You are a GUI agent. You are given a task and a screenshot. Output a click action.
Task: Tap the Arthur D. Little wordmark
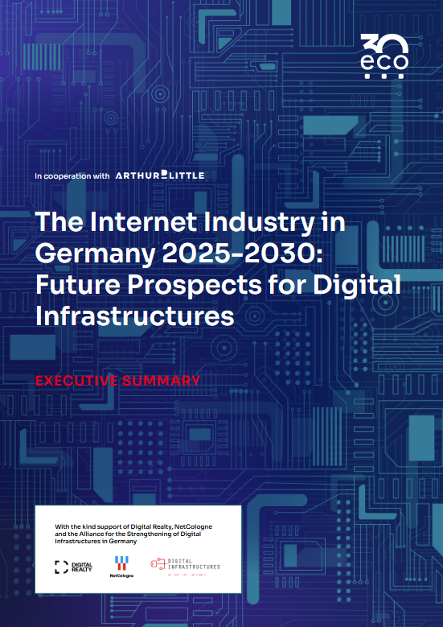(x=160, y=175)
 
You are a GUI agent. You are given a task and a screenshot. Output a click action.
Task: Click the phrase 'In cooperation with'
(x=72, y=175)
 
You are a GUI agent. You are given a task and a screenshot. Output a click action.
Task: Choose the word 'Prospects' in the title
(x=199, y=286)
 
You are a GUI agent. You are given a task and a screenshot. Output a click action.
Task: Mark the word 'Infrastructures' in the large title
(x=135, y=316)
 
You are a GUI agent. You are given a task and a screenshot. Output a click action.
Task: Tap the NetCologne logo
(x=123, y=567)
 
